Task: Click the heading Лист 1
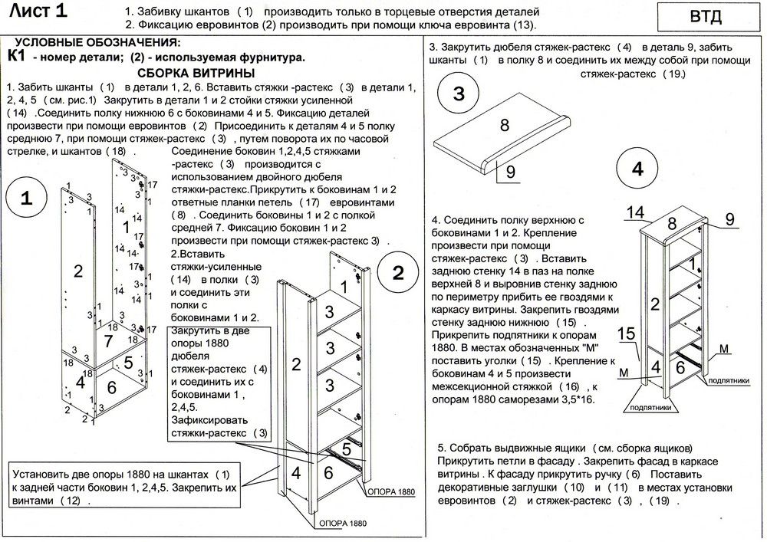(x=48, y=11)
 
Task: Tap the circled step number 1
(x=26, y=199)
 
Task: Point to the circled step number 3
(x=459, y=95)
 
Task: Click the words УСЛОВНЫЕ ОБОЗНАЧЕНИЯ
(x=98, y=43)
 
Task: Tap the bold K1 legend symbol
(x=16, y=56)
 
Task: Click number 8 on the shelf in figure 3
(x=505, y=124)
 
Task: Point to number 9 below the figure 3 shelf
(x=509, y=172)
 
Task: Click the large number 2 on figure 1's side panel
(x=77, y=270)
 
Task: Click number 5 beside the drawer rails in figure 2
(x=346, y=446)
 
